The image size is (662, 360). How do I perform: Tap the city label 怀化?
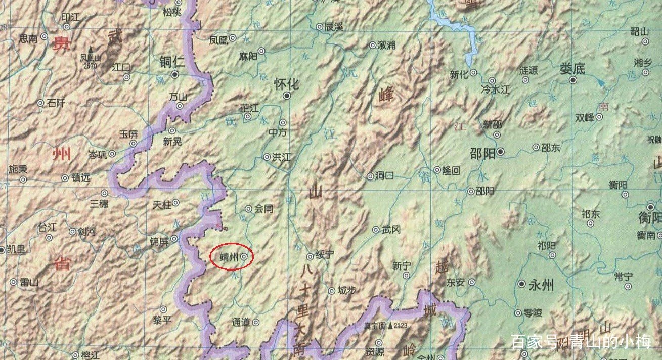click(x=286, y=83)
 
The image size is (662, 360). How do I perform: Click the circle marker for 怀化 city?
click(x=287, y=95)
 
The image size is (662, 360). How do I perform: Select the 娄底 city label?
click(x=572, y=69)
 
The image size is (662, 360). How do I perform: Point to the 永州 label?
click(x=541, y=285)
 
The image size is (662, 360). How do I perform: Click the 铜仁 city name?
click(x=172, y=62)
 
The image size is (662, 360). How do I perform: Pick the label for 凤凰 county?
click(x=219, y=40)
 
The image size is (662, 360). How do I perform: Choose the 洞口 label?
click(x=384, y=176)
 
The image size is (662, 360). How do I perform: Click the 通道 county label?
click(x=241, y=322)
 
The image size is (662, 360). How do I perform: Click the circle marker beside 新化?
click(x=473, y=73)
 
